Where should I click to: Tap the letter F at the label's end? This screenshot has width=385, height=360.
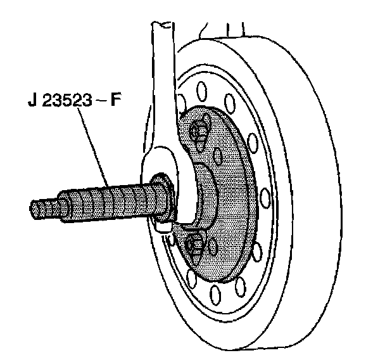(x=117, y=101)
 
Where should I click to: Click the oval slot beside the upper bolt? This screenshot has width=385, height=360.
(x=218, y=156)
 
